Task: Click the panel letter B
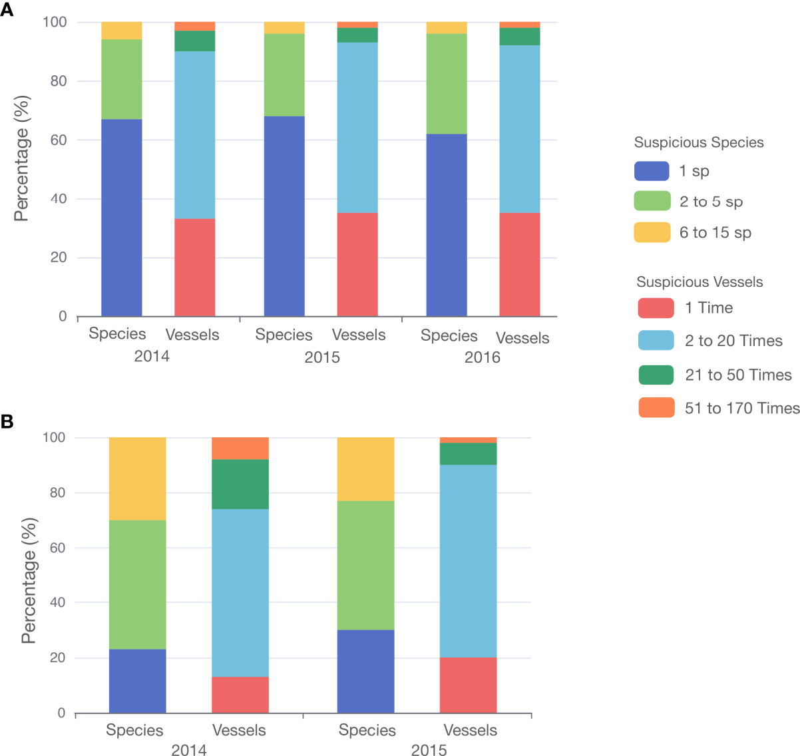click(x=7, y=422)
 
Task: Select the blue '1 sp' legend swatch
click(x=652, y=171)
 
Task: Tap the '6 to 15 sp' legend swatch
click(x=652, y=232)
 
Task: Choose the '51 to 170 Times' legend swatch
click(x=656, y=407)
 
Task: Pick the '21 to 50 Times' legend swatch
click(x=656, y=375)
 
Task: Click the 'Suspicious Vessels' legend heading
click(x=700, y=282)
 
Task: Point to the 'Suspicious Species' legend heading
click(x=699, y=142)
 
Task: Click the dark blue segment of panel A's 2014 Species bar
click(x=122, y=218)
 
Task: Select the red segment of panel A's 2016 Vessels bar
click(x=520, y=264)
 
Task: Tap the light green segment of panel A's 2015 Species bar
click(x=284, y=75)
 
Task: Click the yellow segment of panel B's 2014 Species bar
click(x=138, y=478)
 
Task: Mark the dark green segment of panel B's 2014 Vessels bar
click(x=240, y=484)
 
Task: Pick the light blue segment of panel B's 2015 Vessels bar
click(x=469, y=561)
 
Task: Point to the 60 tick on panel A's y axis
click(x=59, y=140)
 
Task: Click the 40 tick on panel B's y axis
click(x=58, y=602)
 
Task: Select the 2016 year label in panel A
click(x=482, y=357)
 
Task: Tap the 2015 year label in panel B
click(x=429, y=750)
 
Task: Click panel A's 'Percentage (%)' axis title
click(x=22, y=158)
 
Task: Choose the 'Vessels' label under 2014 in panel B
click(x=239, y=730)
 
